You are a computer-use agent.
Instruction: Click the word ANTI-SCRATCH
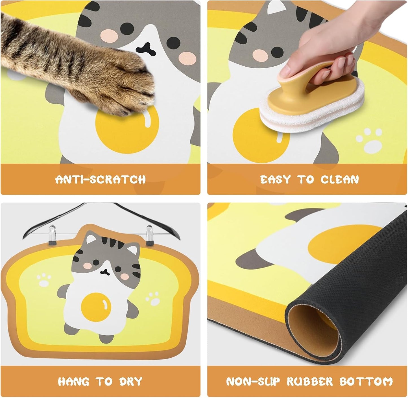101,180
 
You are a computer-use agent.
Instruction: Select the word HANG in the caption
73,382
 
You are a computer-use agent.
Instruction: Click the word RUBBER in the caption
310,382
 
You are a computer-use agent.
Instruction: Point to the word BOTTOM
366,382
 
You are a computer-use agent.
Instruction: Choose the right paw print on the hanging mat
153,299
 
